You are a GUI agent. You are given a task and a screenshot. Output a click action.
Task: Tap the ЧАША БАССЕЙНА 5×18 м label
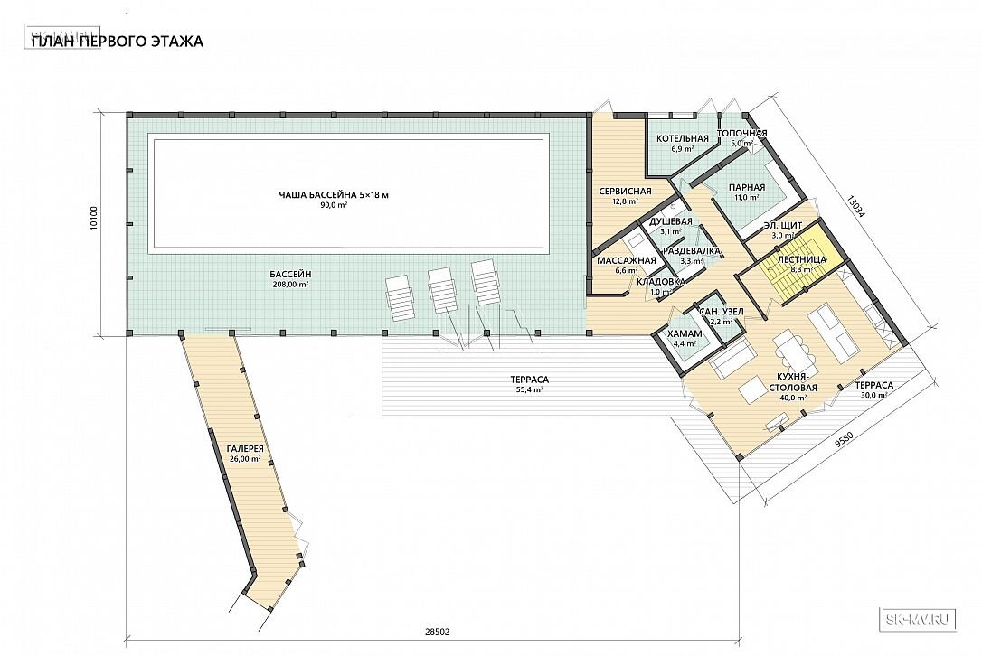click(334, 195)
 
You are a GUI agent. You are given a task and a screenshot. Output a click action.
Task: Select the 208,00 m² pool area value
click(290, 285)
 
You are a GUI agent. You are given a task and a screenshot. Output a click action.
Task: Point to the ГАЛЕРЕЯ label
click(245, 449)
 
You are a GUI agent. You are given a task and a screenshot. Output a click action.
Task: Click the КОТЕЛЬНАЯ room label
click(683, 138)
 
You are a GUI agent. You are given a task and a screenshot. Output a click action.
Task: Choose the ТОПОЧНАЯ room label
click(741, 134)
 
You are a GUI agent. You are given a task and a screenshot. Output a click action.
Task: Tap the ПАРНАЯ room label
click(747, 187)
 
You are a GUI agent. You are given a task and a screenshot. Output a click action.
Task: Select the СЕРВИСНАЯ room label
click(625, 192)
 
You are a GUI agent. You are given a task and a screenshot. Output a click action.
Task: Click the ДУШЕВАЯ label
click(670, 221)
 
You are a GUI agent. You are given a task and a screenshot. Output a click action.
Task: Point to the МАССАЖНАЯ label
click(627, 260)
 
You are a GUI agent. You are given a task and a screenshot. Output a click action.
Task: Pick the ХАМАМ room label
click(685, 333)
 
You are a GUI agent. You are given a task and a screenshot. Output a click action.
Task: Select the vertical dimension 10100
click(94, 223)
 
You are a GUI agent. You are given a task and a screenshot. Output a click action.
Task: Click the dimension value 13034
click(856, 205)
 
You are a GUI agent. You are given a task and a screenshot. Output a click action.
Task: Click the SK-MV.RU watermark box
click(918, 620)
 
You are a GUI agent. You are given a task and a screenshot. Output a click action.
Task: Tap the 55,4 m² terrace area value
click(529, 389)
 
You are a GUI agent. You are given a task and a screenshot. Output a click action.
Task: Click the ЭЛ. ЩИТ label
click(783, 225)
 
